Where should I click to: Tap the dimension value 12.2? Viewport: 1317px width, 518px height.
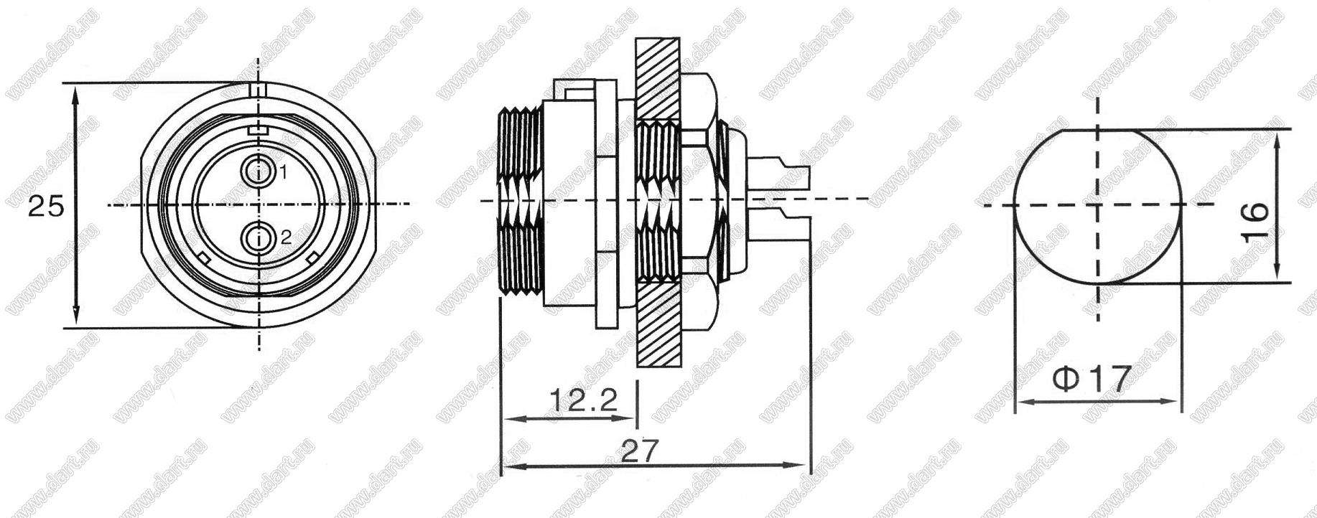[584, 399]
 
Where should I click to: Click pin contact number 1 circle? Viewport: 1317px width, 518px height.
[258, 171]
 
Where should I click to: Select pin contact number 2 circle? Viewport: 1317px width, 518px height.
[258, 239]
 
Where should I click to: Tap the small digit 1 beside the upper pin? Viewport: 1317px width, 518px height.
[284, 172]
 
